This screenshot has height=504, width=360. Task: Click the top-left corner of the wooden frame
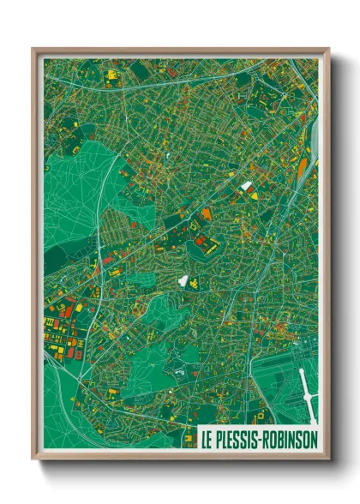33,50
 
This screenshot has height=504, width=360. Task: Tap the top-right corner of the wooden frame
328,50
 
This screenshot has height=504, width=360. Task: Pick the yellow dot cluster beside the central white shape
194,282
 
